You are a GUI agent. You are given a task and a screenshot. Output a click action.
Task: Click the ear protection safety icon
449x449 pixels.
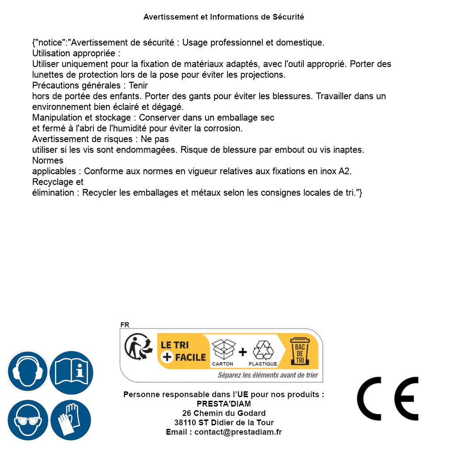[x=27, y=371]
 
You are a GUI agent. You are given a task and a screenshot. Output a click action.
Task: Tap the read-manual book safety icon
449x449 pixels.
[x=71, y=371]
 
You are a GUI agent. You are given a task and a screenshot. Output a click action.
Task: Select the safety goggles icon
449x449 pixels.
[x=27, y=420]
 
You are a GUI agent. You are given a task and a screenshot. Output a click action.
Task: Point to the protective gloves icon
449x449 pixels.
[x=71, y=420]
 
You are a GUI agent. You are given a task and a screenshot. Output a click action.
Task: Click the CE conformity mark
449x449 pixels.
[x=388, y=399]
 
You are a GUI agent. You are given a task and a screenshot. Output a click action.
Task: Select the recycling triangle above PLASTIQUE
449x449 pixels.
[x=263, y=350]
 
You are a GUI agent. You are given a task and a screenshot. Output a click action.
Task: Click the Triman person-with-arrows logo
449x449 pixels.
[x=136, y=347]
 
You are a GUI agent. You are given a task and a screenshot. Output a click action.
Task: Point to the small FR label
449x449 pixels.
[x=125, y=325]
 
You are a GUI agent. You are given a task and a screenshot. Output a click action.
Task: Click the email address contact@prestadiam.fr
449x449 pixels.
[x=238, y=432]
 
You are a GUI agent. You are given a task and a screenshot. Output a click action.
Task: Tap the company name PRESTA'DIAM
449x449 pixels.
[x=224, y=404]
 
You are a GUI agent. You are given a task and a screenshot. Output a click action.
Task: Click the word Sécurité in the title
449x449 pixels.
[x=288, y=17]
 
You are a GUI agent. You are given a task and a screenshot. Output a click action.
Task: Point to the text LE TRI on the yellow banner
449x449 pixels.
[x=174, y=345]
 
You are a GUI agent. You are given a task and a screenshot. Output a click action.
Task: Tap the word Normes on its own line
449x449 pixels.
[x=48, y=160]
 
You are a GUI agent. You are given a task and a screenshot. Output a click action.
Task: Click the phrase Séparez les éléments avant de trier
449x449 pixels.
[x=268, y=375]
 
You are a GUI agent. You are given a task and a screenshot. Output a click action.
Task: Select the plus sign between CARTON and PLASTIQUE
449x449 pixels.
[x=243, y=352]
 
